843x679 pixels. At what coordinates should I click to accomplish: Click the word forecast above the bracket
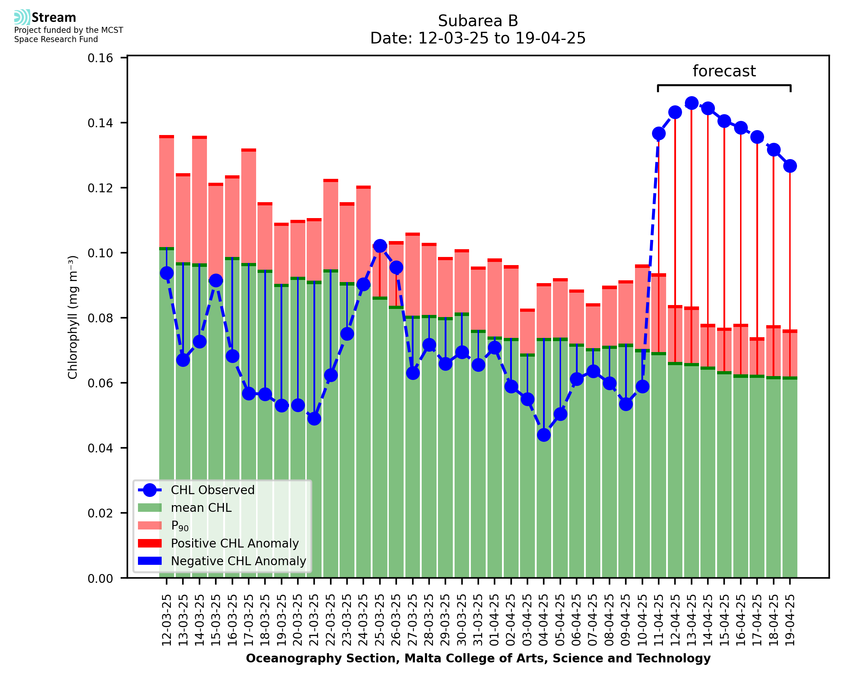724,71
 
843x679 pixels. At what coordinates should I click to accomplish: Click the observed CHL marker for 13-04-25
691,103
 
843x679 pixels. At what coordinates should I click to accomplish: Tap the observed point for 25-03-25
380,246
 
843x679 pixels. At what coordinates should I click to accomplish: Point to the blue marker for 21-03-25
314,419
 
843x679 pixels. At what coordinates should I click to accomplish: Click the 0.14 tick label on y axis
100,123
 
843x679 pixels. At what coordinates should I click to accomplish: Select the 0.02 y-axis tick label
100,513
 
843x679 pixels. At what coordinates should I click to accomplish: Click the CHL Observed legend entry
213,490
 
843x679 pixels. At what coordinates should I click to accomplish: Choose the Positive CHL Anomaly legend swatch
150,543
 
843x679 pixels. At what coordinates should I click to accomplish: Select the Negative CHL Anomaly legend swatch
150,561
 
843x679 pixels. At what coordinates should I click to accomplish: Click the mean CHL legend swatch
150,508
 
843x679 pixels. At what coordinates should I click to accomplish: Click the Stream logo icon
22,17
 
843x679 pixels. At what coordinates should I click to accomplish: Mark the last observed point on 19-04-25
790,166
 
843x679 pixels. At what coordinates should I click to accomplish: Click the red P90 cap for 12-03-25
167,136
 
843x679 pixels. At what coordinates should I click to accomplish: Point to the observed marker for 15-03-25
216,280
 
